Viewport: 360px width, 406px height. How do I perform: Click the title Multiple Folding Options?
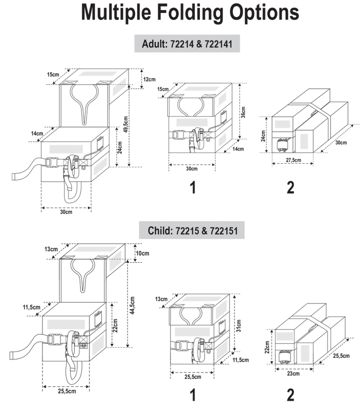190,12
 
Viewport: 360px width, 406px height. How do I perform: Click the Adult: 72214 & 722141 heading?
187,44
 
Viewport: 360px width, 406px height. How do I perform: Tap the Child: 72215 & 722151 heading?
192,230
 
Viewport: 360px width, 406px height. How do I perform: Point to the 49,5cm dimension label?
125,124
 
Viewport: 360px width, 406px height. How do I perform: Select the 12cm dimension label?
149,79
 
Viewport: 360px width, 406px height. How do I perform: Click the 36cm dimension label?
243,112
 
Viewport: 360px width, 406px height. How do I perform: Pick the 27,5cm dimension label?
293,160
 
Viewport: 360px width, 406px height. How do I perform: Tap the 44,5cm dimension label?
132,305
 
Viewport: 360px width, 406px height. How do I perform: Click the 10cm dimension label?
142,253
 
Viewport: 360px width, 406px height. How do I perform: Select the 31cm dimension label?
238,326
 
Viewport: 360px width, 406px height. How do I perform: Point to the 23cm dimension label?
293,373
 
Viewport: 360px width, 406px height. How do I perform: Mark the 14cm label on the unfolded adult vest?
37,133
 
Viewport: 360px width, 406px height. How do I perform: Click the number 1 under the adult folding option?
193,187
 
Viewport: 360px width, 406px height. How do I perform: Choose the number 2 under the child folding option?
290,395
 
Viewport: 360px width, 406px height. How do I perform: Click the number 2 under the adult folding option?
290,187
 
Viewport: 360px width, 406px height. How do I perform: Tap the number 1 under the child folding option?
193,395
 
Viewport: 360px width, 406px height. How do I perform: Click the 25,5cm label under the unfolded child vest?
66,391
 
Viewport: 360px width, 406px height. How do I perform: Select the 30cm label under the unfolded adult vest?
66,212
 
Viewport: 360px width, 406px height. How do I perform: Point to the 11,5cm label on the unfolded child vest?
31,307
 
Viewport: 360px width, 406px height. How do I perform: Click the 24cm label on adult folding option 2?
263,136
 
